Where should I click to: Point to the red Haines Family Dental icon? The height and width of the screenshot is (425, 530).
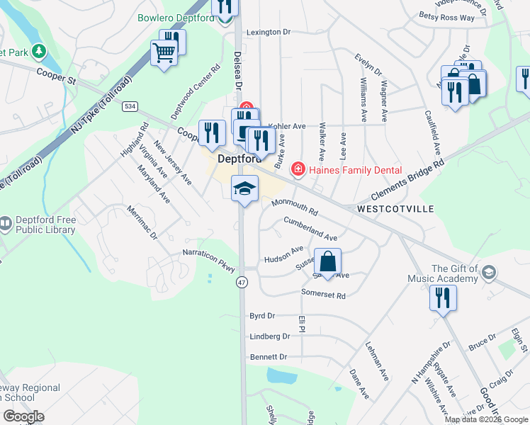pyautogui.click(x=298, y=169)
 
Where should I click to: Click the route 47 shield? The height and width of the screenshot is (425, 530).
pyautogui.click(x=241, y=281)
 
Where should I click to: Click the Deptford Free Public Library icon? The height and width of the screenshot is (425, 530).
pyautogui.click(x=6, y=225)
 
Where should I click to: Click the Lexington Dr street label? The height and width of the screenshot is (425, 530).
pyautogui.click(x=269, y=33)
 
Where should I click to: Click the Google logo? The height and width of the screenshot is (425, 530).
pyautogui.click(x=23, y=416)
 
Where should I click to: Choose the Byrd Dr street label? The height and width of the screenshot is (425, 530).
pyautogui.click(x=261, y=315)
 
